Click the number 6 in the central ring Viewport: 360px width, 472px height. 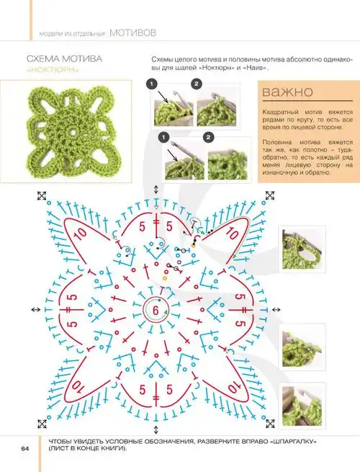[x=156, y=310]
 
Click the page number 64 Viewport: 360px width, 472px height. [x=25, y=448]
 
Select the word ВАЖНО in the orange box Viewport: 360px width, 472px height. [x=287, y=92]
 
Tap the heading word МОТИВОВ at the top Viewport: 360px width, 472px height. [x=133, y=32]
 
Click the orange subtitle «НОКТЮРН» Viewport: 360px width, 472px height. [x=53, y=70]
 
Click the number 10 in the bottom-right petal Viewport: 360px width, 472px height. [x=233, y=386]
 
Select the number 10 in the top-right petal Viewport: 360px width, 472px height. [x=233, y=233]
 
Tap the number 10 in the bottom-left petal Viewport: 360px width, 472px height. [x=78, y=386]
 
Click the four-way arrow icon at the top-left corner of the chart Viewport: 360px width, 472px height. [x=42, y=196]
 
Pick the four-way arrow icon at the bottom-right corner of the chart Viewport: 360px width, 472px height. [x=270, y=424]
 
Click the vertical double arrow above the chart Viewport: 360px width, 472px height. [x=156, y=190]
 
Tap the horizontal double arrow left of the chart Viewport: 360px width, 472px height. [x=36, y=309]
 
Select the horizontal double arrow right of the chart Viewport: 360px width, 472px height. [x=276, y=309]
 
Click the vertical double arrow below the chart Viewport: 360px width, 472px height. [x=156, y=429]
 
